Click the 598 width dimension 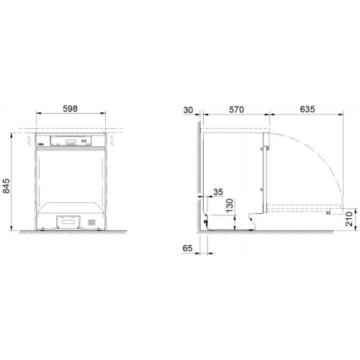70,110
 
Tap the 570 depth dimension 236,110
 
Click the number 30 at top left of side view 189,110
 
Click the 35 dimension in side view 219,193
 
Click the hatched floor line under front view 70,232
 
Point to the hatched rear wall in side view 197,180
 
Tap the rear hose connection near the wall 207,219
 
